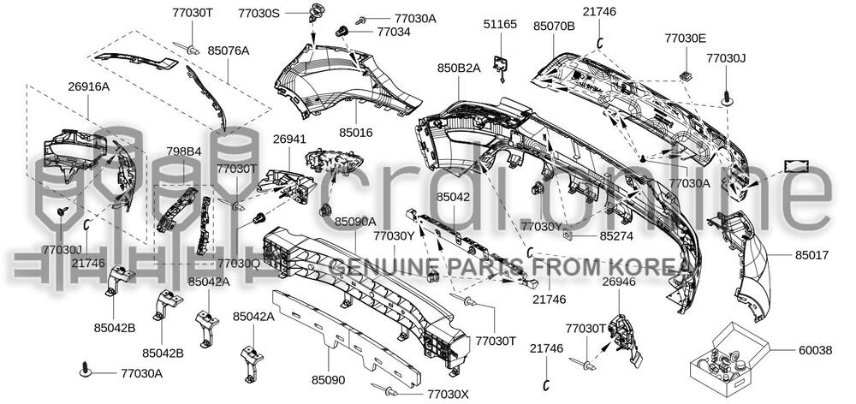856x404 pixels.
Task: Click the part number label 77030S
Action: [259, 13]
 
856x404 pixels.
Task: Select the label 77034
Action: [394, 32]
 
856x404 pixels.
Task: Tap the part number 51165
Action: [500, 25]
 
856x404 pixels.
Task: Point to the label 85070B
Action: [554, 26]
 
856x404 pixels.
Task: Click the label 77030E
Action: [685, 39]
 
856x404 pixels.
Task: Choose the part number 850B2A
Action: [459, 68]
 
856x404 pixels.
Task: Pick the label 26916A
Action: [89, 86]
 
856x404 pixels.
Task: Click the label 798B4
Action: [183, 151]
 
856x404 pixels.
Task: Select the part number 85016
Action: [355, 133]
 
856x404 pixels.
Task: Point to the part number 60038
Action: [816, 350]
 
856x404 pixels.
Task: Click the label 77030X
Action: [448, 394]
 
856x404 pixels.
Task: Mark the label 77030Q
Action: [239, 263]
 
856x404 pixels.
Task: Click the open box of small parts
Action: [728, 359]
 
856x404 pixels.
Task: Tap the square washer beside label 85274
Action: [568, 235]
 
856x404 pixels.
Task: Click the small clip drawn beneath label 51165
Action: [501, 67]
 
